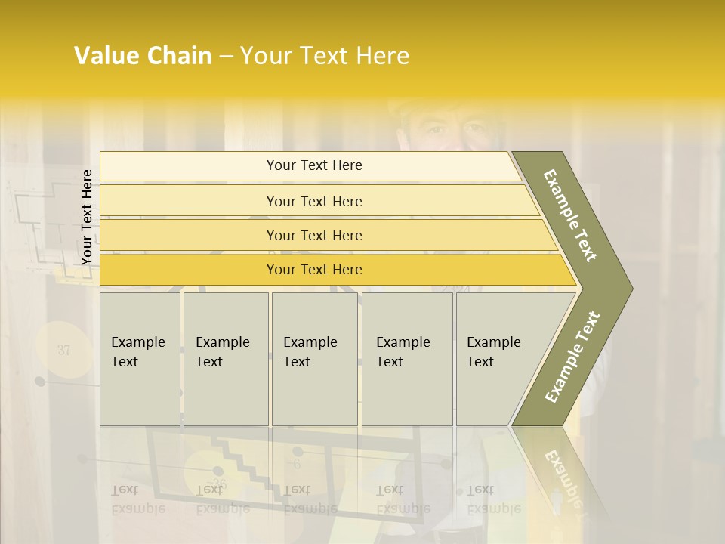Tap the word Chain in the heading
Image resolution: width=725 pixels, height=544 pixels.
pos(179,56)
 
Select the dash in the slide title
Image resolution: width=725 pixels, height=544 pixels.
pos(226,57)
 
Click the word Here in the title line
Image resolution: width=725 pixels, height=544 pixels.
pos(381,56)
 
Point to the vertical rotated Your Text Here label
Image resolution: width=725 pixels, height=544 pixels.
pos(87,217)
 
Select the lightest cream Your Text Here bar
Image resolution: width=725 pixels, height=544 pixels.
pos(313,165)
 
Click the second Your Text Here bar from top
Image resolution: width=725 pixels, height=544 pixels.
pos(313,201)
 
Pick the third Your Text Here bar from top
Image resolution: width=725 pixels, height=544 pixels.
pos(313,235)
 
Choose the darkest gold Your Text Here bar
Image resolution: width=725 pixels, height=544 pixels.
pos(313,270)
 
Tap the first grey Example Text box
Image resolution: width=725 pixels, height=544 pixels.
pos(140,359)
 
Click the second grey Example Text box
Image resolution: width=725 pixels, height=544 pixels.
pos(225,359)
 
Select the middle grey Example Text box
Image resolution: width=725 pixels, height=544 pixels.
pos(314,359)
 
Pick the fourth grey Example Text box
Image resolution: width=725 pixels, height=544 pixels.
pos(407,359)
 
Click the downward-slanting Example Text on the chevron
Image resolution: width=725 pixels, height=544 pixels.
pos(570,215)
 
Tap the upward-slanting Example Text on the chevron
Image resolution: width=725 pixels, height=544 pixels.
pos(572,357)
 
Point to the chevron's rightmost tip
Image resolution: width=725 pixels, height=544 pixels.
pos(631,288)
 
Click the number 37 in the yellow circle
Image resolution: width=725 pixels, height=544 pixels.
pos(63,350)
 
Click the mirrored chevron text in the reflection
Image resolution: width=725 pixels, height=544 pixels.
pos(563,476)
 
